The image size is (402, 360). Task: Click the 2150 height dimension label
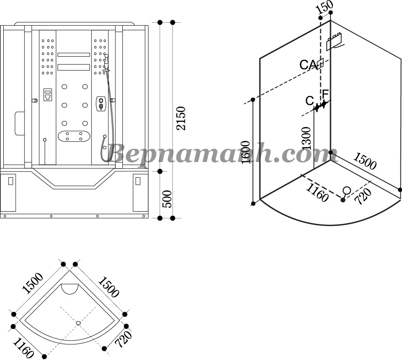click(181, 118)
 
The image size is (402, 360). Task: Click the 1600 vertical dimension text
click(245, 152)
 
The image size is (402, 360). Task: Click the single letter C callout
click(309, 101)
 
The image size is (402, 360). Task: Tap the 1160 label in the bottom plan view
click(23, 348)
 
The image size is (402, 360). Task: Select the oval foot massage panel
click(74, 136)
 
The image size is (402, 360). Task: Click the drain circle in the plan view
click(78, 323)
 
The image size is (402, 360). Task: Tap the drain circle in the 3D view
click(347, 191)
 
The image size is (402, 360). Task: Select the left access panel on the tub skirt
click(11, 181)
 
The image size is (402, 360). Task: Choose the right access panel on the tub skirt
click(138, 181)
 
